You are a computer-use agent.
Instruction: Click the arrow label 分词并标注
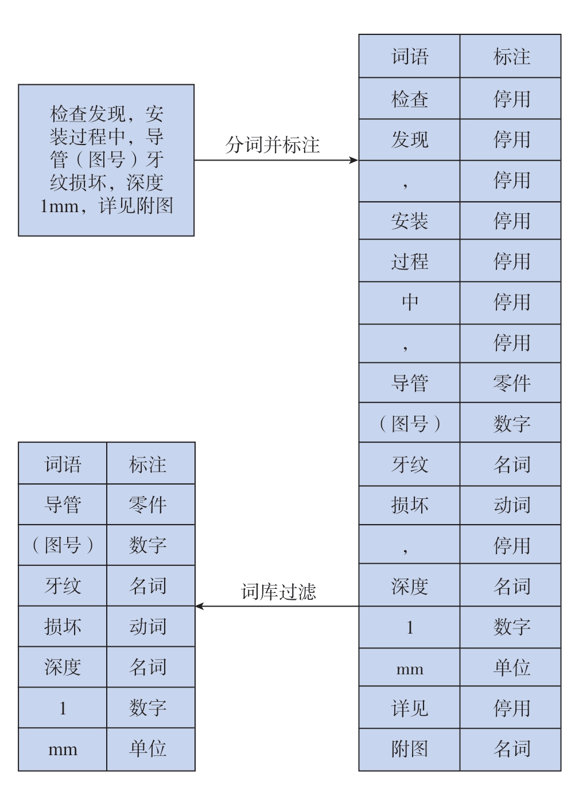pos(272,144)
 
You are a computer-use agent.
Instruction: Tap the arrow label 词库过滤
pos(278,592)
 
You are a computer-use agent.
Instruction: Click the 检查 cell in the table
pos(410,99)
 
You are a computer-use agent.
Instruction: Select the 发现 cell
pos(410,139)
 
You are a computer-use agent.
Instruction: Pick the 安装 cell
pos(410,221)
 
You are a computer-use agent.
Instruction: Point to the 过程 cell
pos(410,261)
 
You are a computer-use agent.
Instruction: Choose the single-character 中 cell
pos(410,302)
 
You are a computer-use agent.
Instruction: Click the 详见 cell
pos(410,708)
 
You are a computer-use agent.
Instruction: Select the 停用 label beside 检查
pos(511,99)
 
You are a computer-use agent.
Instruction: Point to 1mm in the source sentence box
pos(59,206)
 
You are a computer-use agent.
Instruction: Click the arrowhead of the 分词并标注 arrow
pos(354,160)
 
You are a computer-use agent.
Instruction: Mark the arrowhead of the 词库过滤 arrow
pos(199,606)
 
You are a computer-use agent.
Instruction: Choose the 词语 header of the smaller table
pos(63,464)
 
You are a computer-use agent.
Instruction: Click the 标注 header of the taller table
pos(511,56)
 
